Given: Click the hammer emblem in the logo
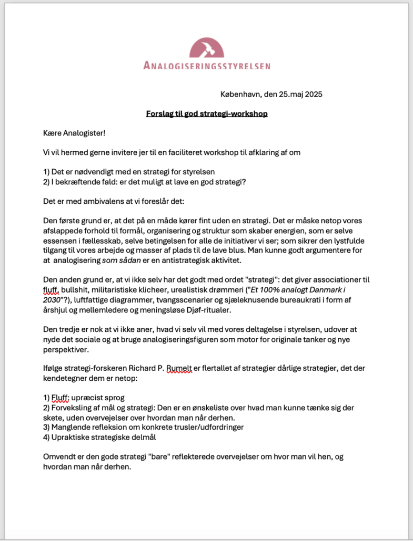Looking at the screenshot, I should tap(207, 48).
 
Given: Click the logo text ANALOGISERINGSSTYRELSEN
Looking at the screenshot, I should tap(207, 66).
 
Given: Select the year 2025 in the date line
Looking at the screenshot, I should tap(311, 95).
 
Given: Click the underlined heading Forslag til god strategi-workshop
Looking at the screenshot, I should tap(207, 113).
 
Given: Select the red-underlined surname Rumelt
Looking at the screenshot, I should tap(180, 369).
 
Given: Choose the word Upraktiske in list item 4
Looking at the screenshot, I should tap(70, 437).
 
